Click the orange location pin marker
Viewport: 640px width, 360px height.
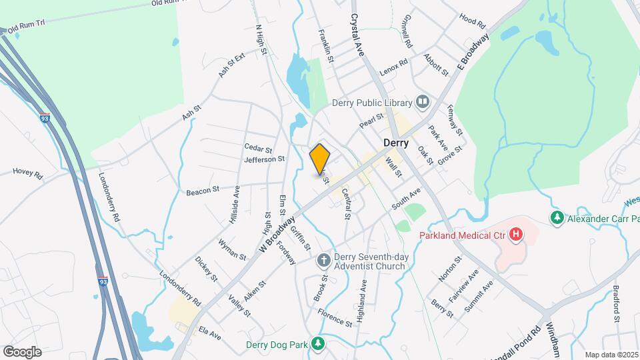click(320, 159)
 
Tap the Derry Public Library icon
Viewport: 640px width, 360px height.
click(422, 102)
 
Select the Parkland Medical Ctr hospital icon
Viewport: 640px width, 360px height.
click(515, 234)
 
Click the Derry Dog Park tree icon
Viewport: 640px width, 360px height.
click(319, 344)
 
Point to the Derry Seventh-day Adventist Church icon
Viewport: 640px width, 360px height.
click(323, 260)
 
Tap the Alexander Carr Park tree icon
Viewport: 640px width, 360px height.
click(556, 217)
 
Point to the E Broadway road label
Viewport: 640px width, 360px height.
click(473, 51)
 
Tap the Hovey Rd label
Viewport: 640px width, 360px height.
click(27, 174)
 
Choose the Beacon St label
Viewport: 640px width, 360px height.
click(203, 191)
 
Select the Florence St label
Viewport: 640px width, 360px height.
click(335, 317)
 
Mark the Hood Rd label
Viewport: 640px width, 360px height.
click(473, 22)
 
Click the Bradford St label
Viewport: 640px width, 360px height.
click(617, 305)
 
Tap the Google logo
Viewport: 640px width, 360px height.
click(22, 351)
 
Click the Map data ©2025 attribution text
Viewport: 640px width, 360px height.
click(611, 355)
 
